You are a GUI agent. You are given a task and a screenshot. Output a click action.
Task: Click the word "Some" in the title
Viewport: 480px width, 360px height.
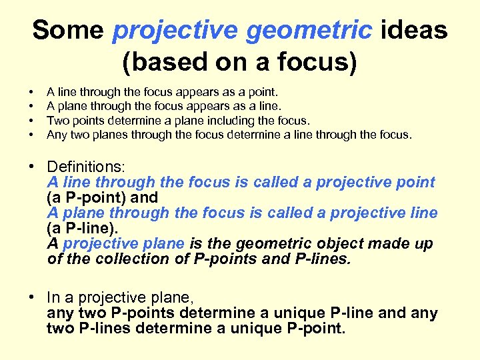pyautogui.click(x=68, y=30)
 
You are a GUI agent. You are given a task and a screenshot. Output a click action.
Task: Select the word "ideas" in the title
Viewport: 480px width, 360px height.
pyautogui.click(x=414, y=30)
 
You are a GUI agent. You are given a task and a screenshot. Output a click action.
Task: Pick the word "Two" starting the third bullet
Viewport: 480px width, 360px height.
pyautogui.click(x=56, y=121)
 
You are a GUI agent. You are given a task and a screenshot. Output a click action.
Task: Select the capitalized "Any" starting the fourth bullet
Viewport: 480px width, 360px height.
pyautogui.click(x=57, y=135)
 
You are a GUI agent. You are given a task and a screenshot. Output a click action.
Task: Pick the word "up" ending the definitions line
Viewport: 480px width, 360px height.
pyautogui.click(x=422, y=244)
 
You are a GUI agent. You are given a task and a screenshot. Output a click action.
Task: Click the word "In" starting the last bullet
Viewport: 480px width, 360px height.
pyautogui.click(x=55, y=298)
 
